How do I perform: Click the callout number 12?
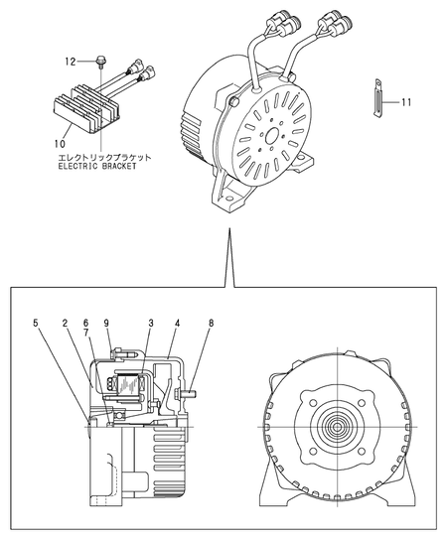click(x=72, y=63)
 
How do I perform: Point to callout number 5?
click(x=36, y=324)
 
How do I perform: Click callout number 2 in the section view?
click(x=65, y=324)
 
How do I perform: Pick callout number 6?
click(x=86, y=324)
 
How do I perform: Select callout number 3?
click(x=150, y=324)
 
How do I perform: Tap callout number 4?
click(x=178, y=324)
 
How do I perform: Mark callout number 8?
click(x=212, y=324)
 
